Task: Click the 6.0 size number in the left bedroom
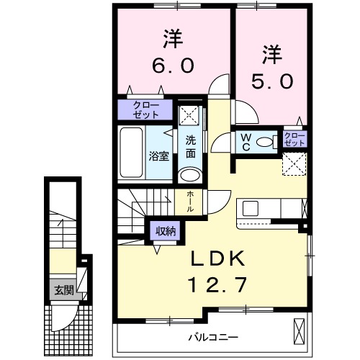tap(171, 66)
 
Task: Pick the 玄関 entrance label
tap(62, 291)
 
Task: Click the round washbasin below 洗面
tap(190, 175)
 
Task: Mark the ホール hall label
tap(189, 200)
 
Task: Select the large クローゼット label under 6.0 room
tap(145, 110)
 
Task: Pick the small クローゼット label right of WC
tap(294, 139)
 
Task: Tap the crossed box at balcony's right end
tap(300, 333)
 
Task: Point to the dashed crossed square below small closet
tap(294, 163)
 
